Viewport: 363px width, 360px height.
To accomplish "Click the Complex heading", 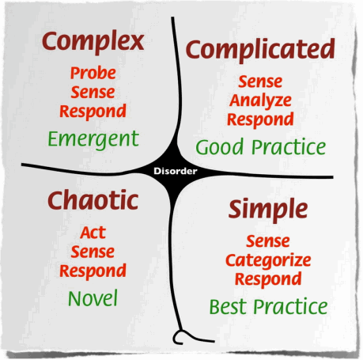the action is pyautogui.click(x=93, y=42).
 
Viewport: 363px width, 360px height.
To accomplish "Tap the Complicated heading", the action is pyautogui.click(x=260, y=50).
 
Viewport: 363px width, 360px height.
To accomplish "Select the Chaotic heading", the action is pyautogui.click(x=93, y=200).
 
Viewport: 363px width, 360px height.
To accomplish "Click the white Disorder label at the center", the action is pyautogui.click(x=176, y=171).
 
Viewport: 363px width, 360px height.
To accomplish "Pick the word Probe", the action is pyautogui.click(x=93, y=73).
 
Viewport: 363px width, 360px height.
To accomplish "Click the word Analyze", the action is pyautogui.click(x=260, y=101).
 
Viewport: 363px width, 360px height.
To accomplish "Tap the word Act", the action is pyautogui.click(x=93, y=233).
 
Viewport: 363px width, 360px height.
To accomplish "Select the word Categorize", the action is pyautogui.click(x=268, y=261).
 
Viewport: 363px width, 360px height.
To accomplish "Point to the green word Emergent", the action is pyautogui.click(x=93, y=139).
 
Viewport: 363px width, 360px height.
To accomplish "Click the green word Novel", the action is pyautogui.click(x=93, y=298).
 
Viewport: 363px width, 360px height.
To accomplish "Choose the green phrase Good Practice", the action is pyautogui.click(x=261, y=146).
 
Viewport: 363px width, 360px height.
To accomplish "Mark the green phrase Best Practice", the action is pyautogui.click(x=268, y=306).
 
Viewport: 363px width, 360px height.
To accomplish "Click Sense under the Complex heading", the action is pyautogui.click(x=93, y=93).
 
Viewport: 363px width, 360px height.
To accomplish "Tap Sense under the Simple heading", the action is pyautogui.click(x=268, y=241).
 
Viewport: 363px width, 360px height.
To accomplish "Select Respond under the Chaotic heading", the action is pyautogui.click(x=93, y=271).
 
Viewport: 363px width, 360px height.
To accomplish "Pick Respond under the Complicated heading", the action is pyautogui.click(x=260, y=119).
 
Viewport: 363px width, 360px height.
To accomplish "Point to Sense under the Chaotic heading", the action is pyautogui.click(x=93, y=252).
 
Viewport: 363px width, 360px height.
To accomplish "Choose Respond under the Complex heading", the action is pyautogui.click(x=93, y=112).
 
